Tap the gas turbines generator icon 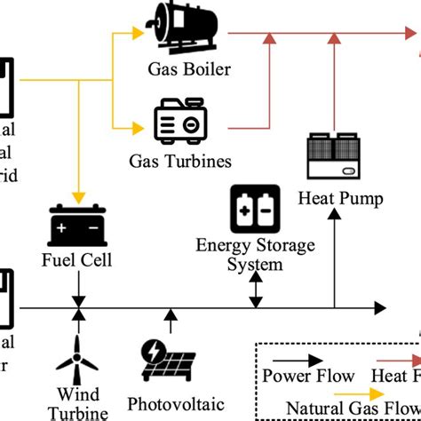(x=181, y=125)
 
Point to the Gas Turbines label (x=181, y=162)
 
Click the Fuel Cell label (x=79, y=261)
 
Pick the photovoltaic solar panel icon (x=169, y=360)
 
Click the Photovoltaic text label (x=169, y=401)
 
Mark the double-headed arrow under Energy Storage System (x=256, y=290)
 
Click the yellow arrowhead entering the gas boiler (x=137, y=34)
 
